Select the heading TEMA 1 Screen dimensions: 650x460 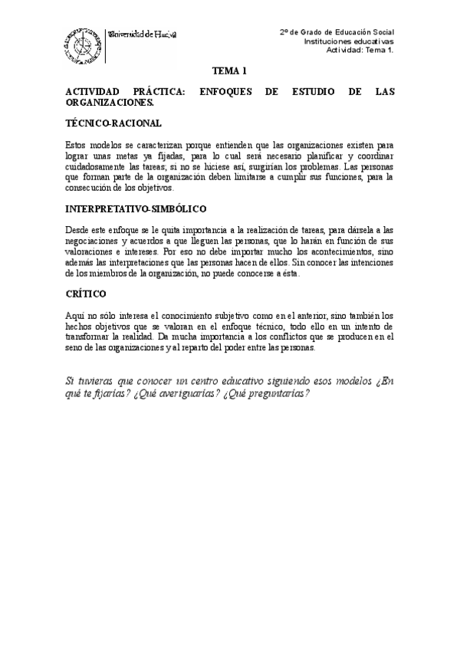[x=229, y=71]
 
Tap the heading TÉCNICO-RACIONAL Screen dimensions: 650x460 [x=113, y=123]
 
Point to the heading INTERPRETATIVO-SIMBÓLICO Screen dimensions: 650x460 [x=136, y=208]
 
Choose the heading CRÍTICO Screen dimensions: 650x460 [x=87, y=294]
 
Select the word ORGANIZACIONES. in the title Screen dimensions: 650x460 [x=110, y=101]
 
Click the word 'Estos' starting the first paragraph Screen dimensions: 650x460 [x=80, y=143]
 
